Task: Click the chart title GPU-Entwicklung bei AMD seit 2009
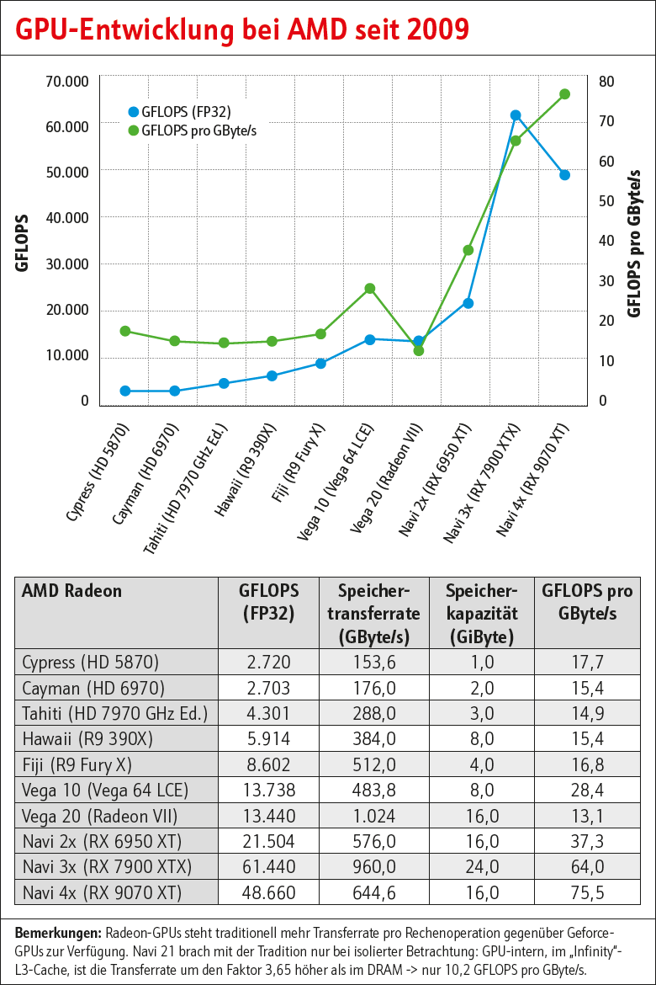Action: (x=242, y=29)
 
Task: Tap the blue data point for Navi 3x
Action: (x=516, y=115)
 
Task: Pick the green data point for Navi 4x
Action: (x=565, y=94)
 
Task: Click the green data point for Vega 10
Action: (x=369, y=289)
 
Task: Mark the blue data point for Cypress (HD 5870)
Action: (x=125, y=391)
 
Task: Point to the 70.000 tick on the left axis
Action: (x=66, y=82)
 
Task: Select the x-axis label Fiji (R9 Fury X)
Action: (x=299, y=462)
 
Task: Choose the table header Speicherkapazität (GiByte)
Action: (x=482, y=612)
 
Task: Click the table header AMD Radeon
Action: (x=71, y=591)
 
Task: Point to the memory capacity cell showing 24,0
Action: (x=482, y=867)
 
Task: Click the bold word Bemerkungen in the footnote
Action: (x=58, y=933)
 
